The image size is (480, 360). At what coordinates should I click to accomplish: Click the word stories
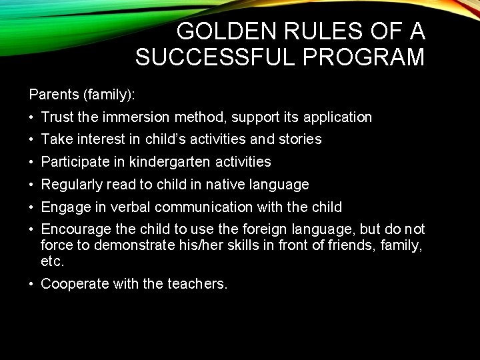pyautogui.click(x=301, y=139)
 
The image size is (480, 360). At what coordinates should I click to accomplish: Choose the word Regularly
pyautogui.click(x=70, y=184)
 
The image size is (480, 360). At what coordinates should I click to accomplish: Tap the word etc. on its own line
pyautogui.click(x=52, y=261)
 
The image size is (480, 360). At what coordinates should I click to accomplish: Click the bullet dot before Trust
pyautogui.click(x=32, y=118)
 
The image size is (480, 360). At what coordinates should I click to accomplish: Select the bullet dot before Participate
pyautogui.click(x=32, y=162)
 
